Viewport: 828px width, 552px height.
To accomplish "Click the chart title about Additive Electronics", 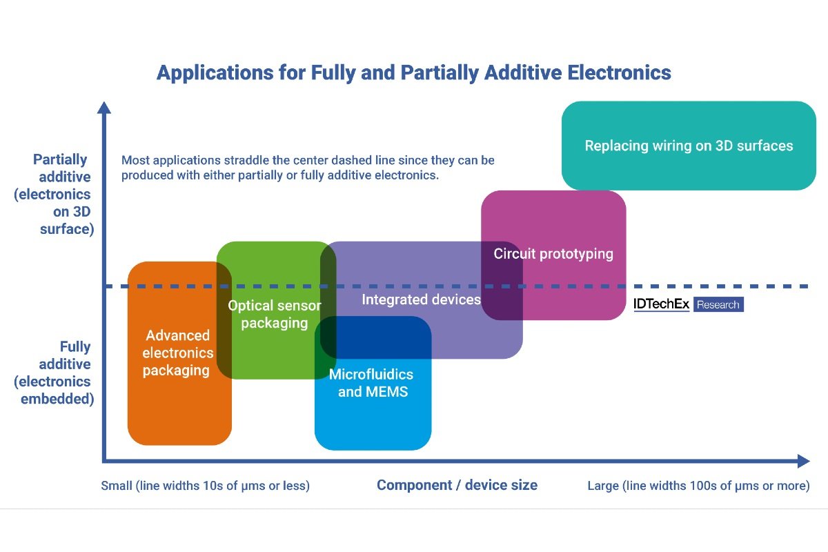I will [x=413, y=72].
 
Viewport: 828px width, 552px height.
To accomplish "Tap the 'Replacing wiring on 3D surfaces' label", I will [x=689, y=146].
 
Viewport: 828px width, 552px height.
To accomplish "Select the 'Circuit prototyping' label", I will [x=553, y=254].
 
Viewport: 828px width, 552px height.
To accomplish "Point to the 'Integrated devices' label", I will [x=421, y=299].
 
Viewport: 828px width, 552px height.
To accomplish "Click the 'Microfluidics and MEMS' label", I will [x=371, y=383].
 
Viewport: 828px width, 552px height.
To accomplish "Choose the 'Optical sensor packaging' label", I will [x=275, y=314].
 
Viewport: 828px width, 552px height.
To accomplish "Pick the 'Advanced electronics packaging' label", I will [x=177, y=353].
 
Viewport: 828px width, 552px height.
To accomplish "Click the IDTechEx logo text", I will [x=661, y=304].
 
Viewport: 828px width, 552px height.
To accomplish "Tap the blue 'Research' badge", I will [x=718, y=304].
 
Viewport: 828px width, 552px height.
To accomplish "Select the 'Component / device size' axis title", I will [x=457, y=485].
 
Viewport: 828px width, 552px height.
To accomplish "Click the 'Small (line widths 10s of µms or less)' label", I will [x=206, y=486].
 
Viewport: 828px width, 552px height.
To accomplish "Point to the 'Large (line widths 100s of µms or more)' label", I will [x=698, y=486].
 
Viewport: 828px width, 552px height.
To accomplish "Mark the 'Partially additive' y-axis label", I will [x=61, y=168].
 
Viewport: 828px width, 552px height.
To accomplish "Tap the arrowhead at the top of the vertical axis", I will [x=103, y=108].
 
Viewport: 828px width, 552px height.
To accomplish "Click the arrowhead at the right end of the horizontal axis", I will [x=802, y=461].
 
